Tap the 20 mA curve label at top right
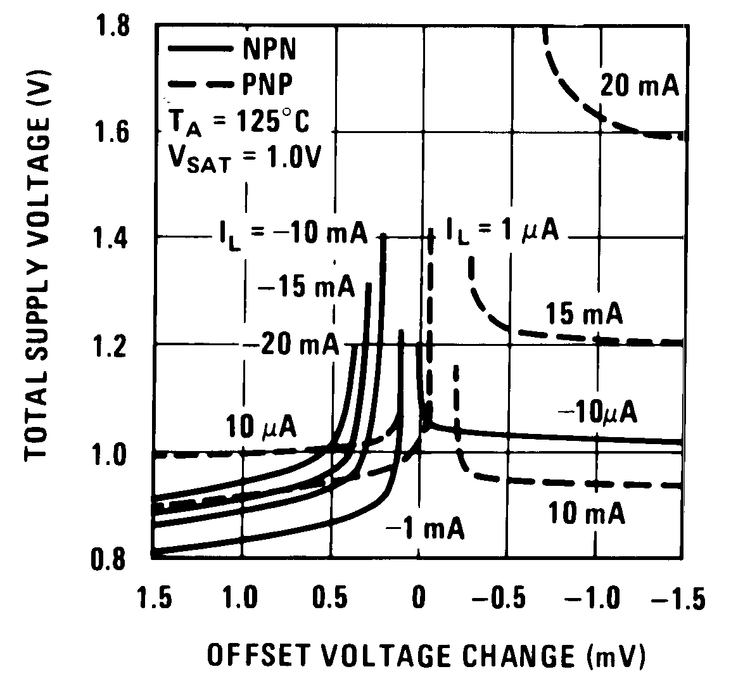(640, 86)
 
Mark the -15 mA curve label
(306, 288)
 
